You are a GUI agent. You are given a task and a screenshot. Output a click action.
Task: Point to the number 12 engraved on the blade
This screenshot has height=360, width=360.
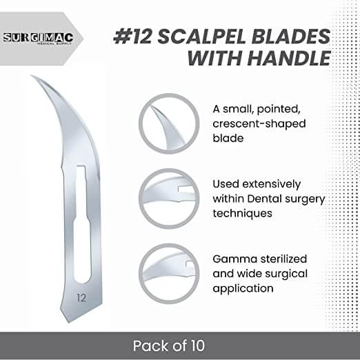pyautogui.click(x=82, y=298)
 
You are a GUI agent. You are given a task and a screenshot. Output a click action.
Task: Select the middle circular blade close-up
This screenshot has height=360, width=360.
pyautogui.click(x=169, y=197)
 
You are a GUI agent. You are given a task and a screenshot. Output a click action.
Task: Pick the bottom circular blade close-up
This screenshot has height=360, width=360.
pyautogui.click(x=169, y=272)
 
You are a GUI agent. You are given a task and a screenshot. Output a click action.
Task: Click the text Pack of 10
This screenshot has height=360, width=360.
pyautogui.click(x=179, y=344)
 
